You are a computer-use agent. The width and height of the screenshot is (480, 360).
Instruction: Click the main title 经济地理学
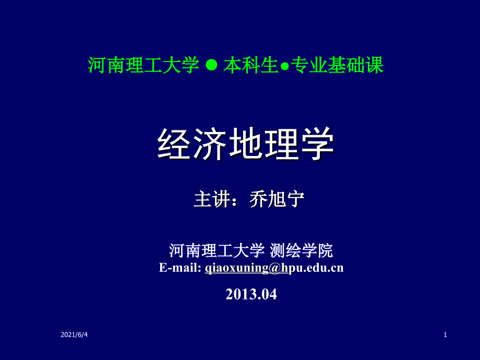click(x=246, y=143)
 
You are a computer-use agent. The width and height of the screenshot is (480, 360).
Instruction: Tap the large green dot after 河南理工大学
click(x=211, y=65)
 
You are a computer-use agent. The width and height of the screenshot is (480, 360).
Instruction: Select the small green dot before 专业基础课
click(x=285, y=66)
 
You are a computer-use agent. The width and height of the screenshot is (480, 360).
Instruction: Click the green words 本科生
click(x=251, y=65)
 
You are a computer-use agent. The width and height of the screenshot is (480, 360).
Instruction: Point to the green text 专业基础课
click(x=337, y=65)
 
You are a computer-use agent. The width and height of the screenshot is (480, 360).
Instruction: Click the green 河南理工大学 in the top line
click(x=144, y=65)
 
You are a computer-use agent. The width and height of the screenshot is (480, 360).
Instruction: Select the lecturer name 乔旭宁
click(x=277, y=199)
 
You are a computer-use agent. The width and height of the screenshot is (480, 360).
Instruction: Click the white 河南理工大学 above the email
click(x=217, y=250)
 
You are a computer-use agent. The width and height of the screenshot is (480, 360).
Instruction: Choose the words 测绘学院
click(x=301, y=250)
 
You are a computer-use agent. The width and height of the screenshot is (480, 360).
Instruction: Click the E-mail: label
click(x=180, y=268)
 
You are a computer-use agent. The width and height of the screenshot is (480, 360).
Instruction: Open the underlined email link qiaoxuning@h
click(x=246, y=268)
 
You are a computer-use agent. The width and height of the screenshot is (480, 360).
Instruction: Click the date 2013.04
click(x=251, y=294)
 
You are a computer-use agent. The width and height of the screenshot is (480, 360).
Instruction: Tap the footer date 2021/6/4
click(x=74, y=334)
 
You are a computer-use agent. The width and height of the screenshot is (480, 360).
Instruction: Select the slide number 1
click(x=445, y=334)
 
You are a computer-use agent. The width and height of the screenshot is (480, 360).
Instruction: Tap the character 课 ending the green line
click(x=375, y=65)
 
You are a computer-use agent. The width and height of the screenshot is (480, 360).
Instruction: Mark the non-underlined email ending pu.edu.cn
click(x=316, y=268)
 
